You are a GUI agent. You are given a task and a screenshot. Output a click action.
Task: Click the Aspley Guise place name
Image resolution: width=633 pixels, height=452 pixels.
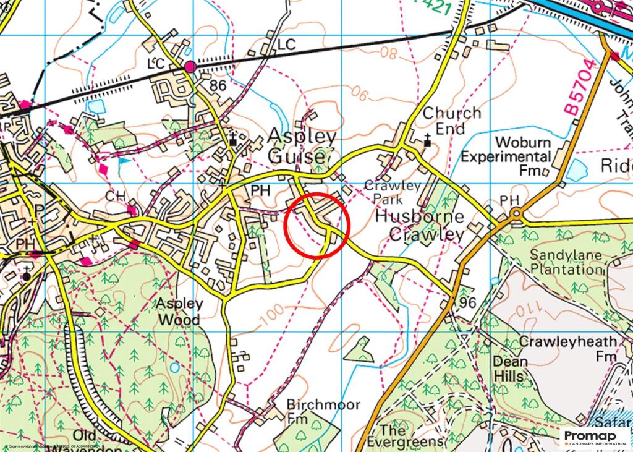(302, 146)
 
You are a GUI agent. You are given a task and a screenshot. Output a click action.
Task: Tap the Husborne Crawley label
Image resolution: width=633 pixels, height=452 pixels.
(427, 226)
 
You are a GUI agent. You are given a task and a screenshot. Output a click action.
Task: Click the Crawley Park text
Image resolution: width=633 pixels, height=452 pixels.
(393, 192)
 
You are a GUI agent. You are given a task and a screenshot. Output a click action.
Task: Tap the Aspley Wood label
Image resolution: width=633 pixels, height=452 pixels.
(178, 312)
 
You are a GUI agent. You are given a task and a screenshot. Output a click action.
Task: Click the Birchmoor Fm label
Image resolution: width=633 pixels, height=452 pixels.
(315, 411)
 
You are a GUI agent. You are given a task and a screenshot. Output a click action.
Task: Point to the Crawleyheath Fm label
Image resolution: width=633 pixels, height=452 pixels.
(568, 349)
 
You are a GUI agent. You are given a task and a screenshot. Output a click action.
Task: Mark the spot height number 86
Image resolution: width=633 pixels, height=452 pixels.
(218, 86)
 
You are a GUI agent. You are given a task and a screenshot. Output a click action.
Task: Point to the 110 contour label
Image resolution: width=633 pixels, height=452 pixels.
(560, 306)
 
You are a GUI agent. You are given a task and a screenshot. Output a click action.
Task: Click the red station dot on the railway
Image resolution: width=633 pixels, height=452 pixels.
(190, 66)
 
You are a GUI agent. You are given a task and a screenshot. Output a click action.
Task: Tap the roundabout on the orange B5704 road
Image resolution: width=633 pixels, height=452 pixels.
(516, 215)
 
